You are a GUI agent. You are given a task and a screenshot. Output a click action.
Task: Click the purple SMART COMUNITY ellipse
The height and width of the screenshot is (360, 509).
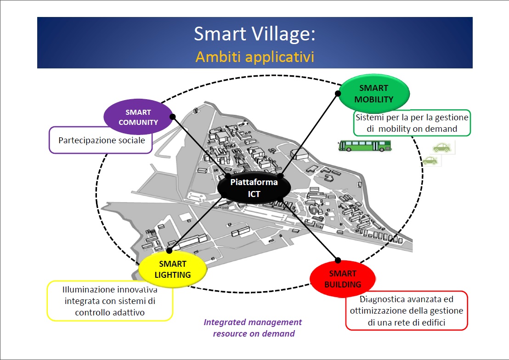[x=138, y=117]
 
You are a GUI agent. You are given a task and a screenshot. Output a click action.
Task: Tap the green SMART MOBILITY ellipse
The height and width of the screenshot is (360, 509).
[x=374, y=94]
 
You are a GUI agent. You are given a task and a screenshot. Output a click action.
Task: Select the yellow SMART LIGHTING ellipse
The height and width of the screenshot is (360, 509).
[x=172, y=269]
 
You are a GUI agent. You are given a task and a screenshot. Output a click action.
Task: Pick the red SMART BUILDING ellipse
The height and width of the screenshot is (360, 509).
[x=343, y=279]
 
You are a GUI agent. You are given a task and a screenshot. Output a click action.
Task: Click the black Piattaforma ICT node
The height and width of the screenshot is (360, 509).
[x=254, y=188]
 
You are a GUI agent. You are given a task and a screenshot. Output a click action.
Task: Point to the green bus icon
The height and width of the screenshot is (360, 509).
[x=365, y=146]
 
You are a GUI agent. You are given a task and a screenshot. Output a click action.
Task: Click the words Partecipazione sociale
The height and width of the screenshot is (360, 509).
[x=102, y=140]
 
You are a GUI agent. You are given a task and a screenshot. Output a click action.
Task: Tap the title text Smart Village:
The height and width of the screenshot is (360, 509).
[x=254, y=34]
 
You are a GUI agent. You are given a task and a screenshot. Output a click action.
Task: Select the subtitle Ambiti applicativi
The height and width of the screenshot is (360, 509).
[x=254, y=57]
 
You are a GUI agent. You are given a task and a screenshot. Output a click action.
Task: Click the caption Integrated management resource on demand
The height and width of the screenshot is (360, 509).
[x=253, y=328]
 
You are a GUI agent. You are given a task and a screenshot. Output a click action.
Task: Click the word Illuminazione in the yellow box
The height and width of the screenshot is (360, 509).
[x=88, y=290]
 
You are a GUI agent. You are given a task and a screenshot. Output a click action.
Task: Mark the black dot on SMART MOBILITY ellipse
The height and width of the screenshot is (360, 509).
[x=338, y=94]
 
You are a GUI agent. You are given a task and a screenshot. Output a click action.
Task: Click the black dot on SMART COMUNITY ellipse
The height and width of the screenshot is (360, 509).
[x=172, y=117]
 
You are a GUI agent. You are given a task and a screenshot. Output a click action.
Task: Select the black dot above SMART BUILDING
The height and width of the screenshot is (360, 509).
[x=338, y=260]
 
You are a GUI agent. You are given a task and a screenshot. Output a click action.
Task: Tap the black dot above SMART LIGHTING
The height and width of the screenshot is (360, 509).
[x=169, y=251]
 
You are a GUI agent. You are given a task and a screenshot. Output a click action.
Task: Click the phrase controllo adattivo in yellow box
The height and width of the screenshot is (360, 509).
[x=110, y=313]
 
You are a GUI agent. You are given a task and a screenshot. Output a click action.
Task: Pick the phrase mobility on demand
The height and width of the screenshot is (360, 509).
[x=418, y=129]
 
